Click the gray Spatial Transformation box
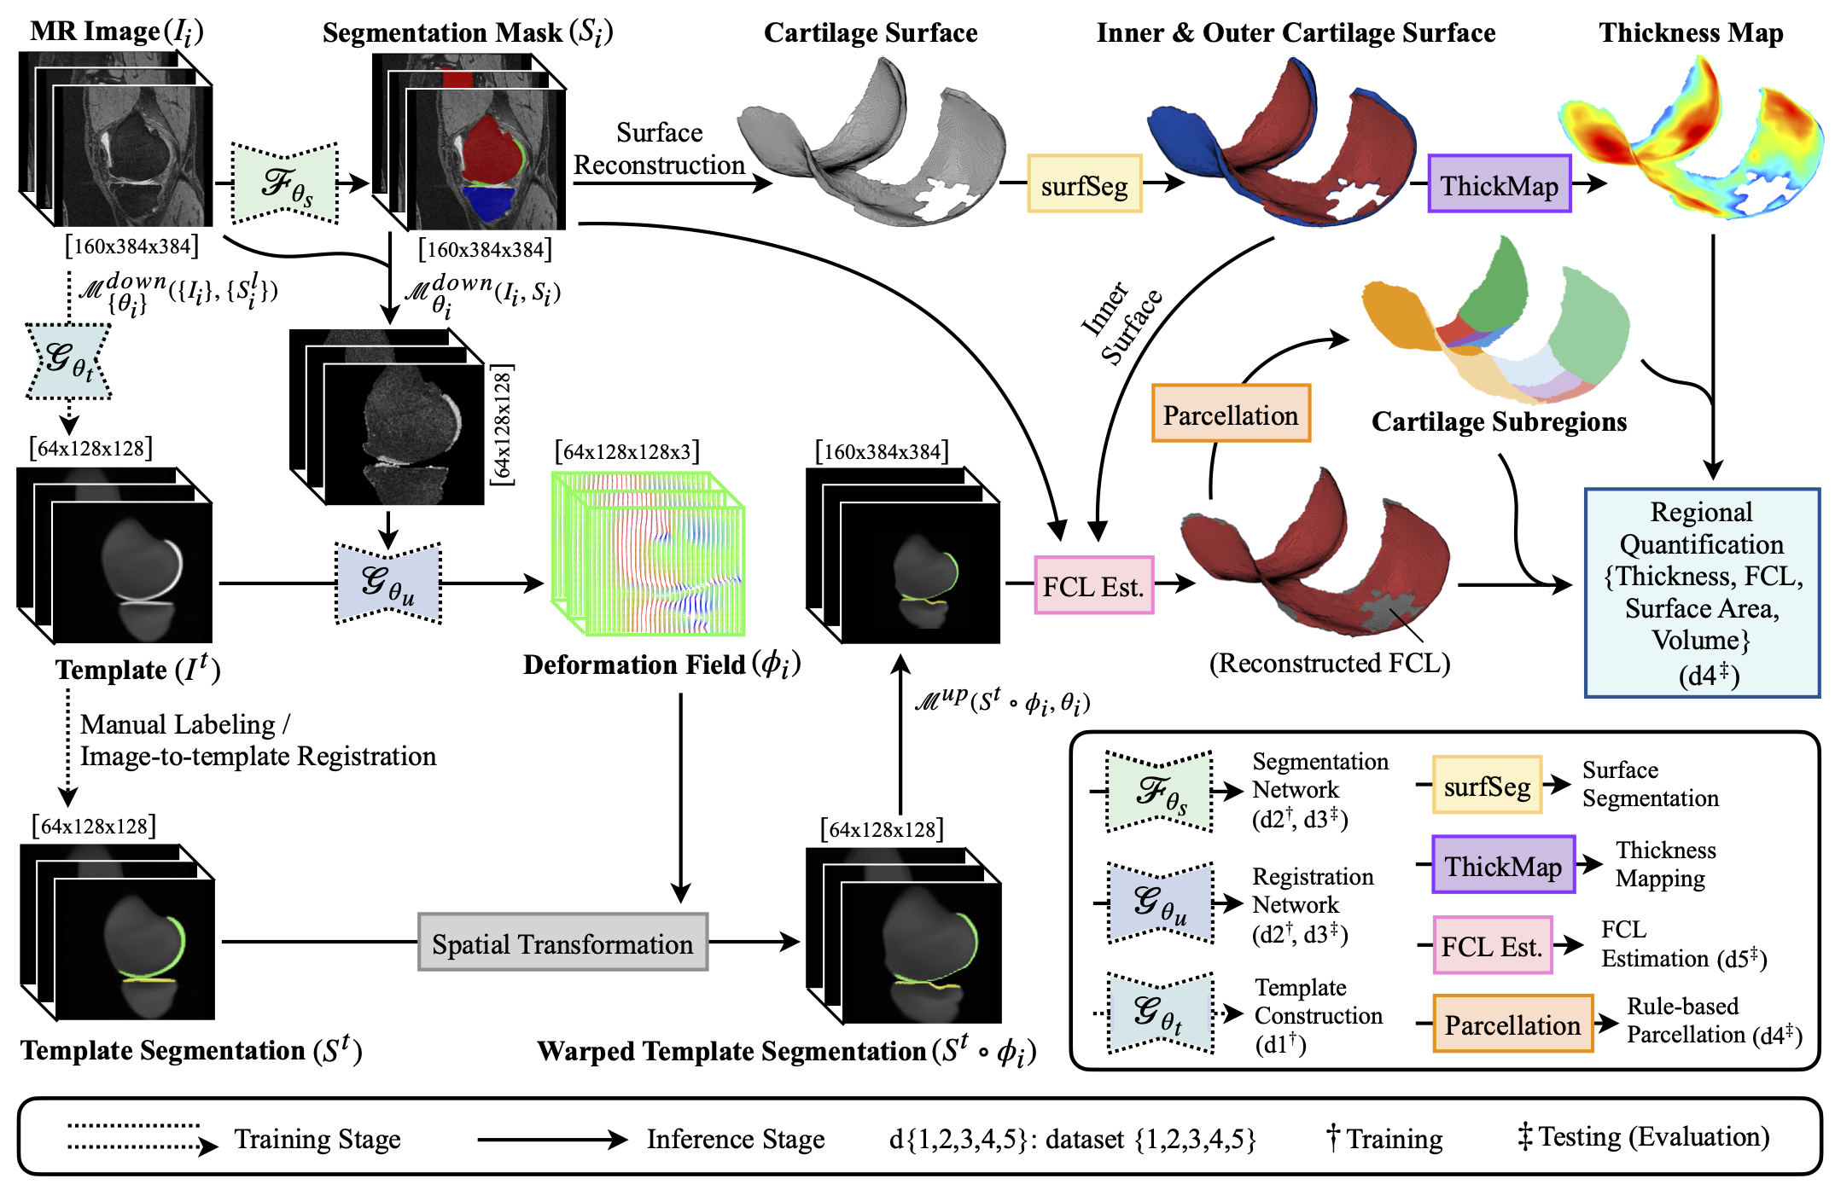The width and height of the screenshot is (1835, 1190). tap(562, 943)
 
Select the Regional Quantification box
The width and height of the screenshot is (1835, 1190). tap(1702, 593)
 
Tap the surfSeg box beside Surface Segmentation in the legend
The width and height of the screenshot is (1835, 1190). tap(1487, 785)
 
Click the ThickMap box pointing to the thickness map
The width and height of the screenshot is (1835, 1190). tap(1499, 184)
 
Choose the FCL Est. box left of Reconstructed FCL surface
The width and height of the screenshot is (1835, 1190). tap(1093, 586)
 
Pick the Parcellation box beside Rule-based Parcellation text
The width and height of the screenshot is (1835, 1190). tap(1512, 1024)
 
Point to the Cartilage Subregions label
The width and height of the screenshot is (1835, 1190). tap(1499, 422)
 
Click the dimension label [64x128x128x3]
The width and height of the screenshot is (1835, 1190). tap(626, 451)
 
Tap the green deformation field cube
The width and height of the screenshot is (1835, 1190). tap(649, 554)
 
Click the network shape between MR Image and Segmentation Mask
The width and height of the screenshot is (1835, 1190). tap(285, 183)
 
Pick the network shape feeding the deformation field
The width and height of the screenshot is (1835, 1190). tap(388, 583)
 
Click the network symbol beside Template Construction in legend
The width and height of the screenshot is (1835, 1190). tap(1160, 1013)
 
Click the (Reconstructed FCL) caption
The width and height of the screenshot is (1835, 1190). tap(1329, 663)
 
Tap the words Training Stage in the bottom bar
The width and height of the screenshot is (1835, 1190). tap(317, 1140)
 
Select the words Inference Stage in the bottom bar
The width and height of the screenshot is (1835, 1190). tap(735, 1140)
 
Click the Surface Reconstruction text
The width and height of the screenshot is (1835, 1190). tap(659, 149)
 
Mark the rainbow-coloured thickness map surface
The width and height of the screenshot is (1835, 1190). tap(1690, 141)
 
